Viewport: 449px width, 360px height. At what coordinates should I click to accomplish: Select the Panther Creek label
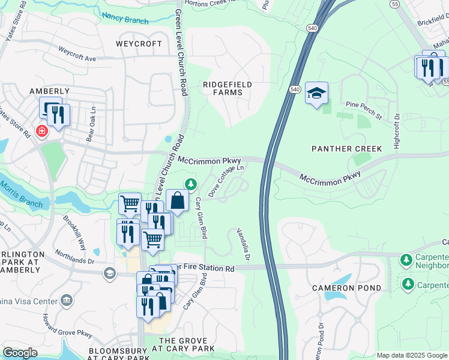(338, 148)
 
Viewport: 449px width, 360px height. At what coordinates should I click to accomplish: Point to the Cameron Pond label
(346, 288)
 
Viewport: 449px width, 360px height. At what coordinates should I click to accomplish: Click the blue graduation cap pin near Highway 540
(316, 93)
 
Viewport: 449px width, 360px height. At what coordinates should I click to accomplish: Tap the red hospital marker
(42, 131)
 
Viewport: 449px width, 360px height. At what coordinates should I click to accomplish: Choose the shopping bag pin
(178, 201)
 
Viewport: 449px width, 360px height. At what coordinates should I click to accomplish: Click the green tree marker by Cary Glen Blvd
(191, 183)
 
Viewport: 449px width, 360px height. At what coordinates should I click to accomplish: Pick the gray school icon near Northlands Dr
(109, 274)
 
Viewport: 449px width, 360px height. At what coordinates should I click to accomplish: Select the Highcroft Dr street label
(396, 128)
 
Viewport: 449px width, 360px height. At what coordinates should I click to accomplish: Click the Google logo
(20, 353)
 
